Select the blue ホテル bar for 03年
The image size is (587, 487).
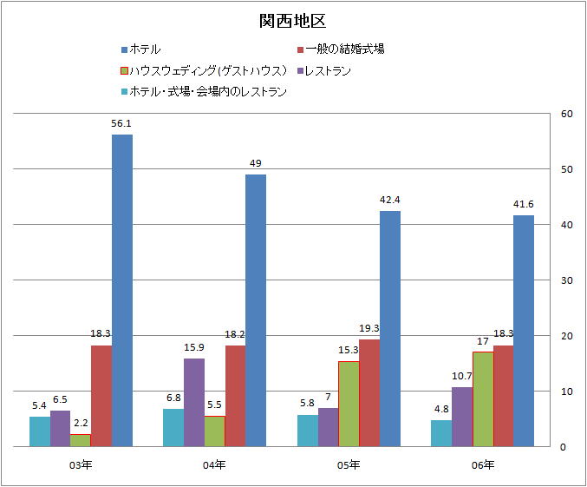coord(122,290)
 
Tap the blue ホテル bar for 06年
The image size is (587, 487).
coord(524,330)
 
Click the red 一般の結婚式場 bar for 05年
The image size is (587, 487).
coord(369,392)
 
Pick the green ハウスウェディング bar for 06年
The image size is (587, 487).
coord(483,398)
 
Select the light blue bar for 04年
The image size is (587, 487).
coord(173,427)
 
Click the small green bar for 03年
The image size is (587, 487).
coord(81,440)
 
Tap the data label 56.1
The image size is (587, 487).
coord(121,123)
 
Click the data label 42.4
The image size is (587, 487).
coord(389,200)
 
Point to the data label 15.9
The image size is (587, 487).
coord(194,347)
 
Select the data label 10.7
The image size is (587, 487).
coord(461,376)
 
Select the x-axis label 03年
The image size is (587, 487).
coord(81,465)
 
